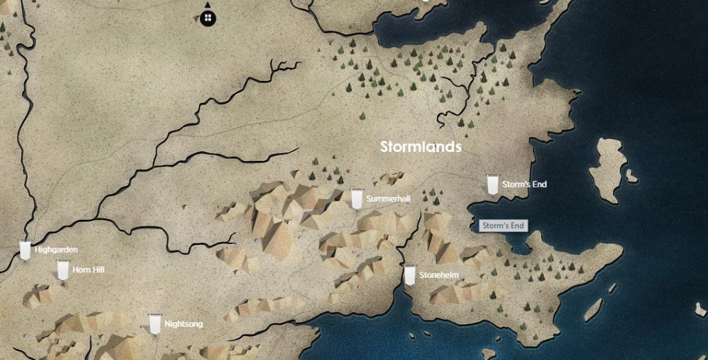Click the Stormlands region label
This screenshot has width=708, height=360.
pyautogui.click(x=421, y=147)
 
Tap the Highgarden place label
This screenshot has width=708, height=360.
pyautogui.click(x=56, y=249)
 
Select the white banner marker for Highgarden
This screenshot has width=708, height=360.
pyautogui.click(x=25, y=249)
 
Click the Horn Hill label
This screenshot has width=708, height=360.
pyautogui.click(x=88, y=269)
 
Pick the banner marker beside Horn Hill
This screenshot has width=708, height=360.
pyautogui.click(x=63, y=269)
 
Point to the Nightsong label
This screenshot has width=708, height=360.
pyautogui.click(x=184, y=323)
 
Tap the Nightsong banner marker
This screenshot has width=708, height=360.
pyautogui.click(x=155, y=323)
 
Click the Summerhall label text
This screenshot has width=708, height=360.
pyautogui.click(x=389, y=199)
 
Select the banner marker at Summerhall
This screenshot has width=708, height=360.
pyautogui.click(x=357, y=198)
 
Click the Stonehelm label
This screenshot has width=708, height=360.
pyautogui.click(x=438, y=275)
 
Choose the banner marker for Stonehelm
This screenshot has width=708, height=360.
pyautogui.click(x=409, y=274)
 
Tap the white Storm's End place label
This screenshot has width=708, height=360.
pyautogui.click(x=525, y=184)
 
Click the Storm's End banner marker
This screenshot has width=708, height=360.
pyautogui.click(x=492, y=184)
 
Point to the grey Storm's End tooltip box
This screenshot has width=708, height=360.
pyautogui.click(x=503, y=226)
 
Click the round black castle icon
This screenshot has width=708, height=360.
pyautogui.click(x=208, y=18)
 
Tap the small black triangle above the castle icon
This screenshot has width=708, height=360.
pyautogui.click(x=207, y=5)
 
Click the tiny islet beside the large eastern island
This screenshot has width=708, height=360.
pyautogui.click(x=631, y=176)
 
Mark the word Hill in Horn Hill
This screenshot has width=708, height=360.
pyautogui.click(x=98, y=269)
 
